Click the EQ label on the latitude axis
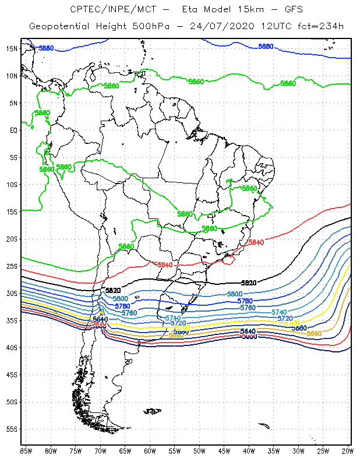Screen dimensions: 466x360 (x=13, y=130)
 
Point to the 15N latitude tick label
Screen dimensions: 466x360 (x=12, y=48)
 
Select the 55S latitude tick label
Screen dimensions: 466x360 (x=12, y=429)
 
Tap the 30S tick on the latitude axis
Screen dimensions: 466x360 (x=12, y=293)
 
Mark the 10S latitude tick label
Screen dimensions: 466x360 (x=12, y=185)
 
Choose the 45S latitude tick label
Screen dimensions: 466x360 (x=12, y=375)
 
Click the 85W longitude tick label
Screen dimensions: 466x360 (x=26, y=450)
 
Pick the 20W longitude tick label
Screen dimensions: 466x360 (x=348, y=450)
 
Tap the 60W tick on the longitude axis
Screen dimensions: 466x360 (x=150, y=450)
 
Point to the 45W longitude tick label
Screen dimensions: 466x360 (x=224, y=450)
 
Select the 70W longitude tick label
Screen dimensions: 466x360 (x=100, y=450)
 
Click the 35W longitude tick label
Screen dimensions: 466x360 (x=274, y=450)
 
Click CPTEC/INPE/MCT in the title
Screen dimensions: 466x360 (x=107, y=10)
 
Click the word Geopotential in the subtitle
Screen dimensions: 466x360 (x=58, y=27)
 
